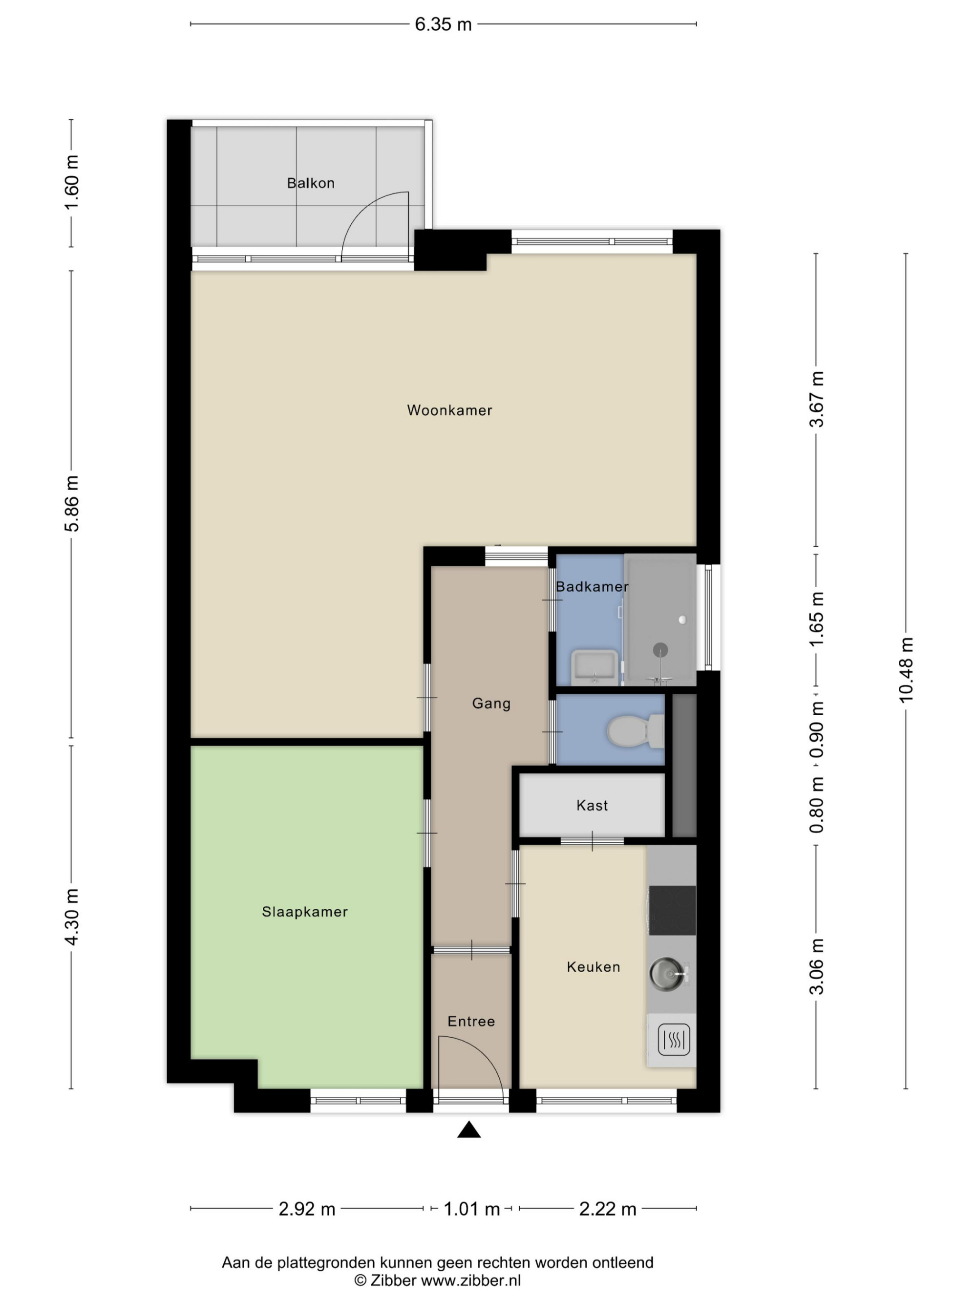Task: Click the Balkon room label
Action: (x=310, y=183)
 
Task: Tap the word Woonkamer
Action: (x=449, y=410)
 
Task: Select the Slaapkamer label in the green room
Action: (x=304, y=912)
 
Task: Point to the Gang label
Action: (x=491, y=704)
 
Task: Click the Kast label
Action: (x=592, y=805)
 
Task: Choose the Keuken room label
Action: (x=593, y=967)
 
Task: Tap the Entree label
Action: (x=471, y=1022)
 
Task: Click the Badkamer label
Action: (x=592, y=587)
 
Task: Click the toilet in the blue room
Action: (x=636, y=731)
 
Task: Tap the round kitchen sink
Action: (x=668, y=973)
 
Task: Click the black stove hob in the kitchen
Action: (x=672, y=910)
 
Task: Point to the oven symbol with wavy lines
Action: (x=673, y=1041)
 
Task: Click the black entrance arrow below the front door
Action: (x=469, y=1130)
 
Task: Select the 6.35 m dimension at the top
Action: (x=444, y=24)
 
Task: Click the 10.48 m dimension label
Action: (x=906, y=670)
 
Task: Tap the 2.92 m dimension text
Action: (x=307, y=1209)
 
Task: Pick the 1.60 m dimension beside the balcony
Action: (x=71, y=183)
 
